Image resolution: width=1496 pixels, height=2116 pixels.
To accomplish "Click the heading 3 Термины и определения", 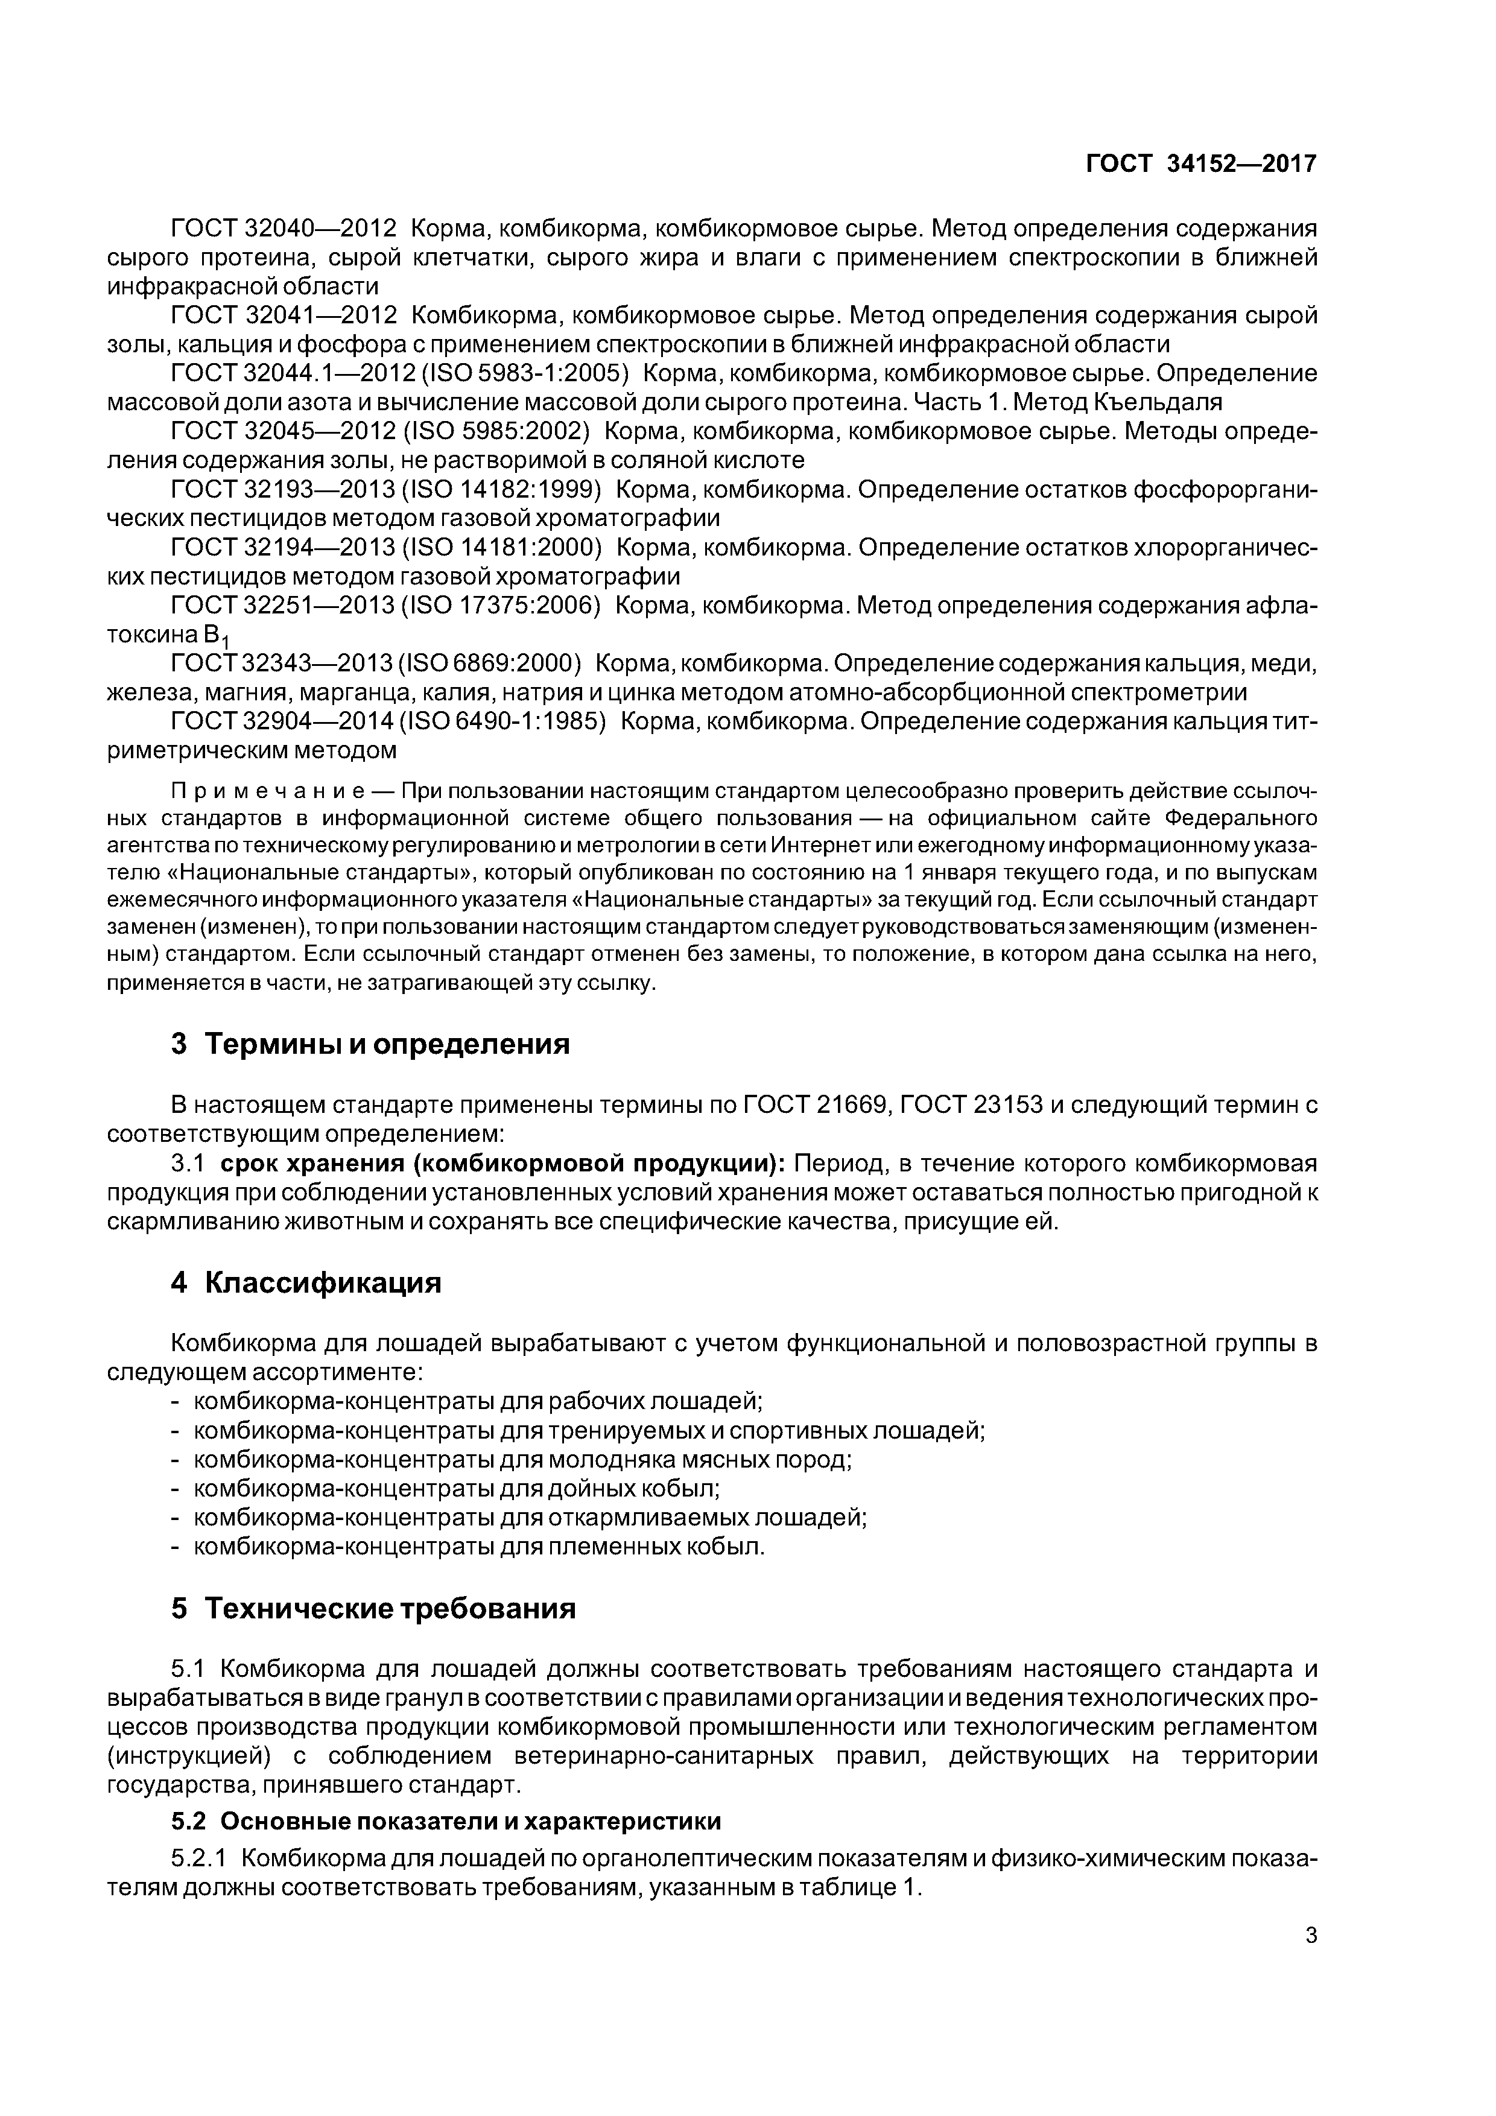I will click(370, 1044).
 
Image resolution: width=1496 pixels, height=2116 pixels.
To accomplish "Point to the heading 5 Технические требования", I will click(373, 1608).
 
